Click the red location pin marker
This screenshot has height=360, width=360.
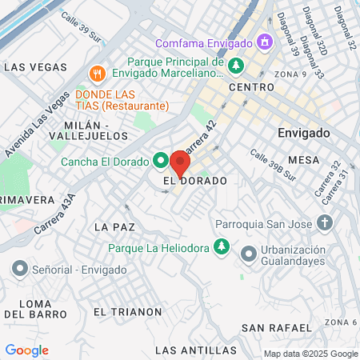[x=179, y=163]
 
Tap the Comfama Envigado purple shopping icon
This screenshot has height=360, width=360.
[x=263, y=42]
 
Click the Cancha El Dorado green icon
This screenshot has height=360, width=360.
[x=159, y=161]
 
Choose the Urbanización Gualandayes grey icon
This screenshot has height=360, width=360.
[x=248, y=254]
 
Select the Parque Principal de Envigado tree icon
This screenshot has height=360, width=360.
[x=235, y=65]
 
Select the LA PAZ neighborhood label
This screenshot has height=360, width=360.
[x=111, y=227]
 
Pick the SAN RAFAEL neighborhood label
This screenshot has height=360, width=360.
[x=276, y=328]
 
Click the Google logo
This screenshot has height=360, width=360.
[x=26, y=350]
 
